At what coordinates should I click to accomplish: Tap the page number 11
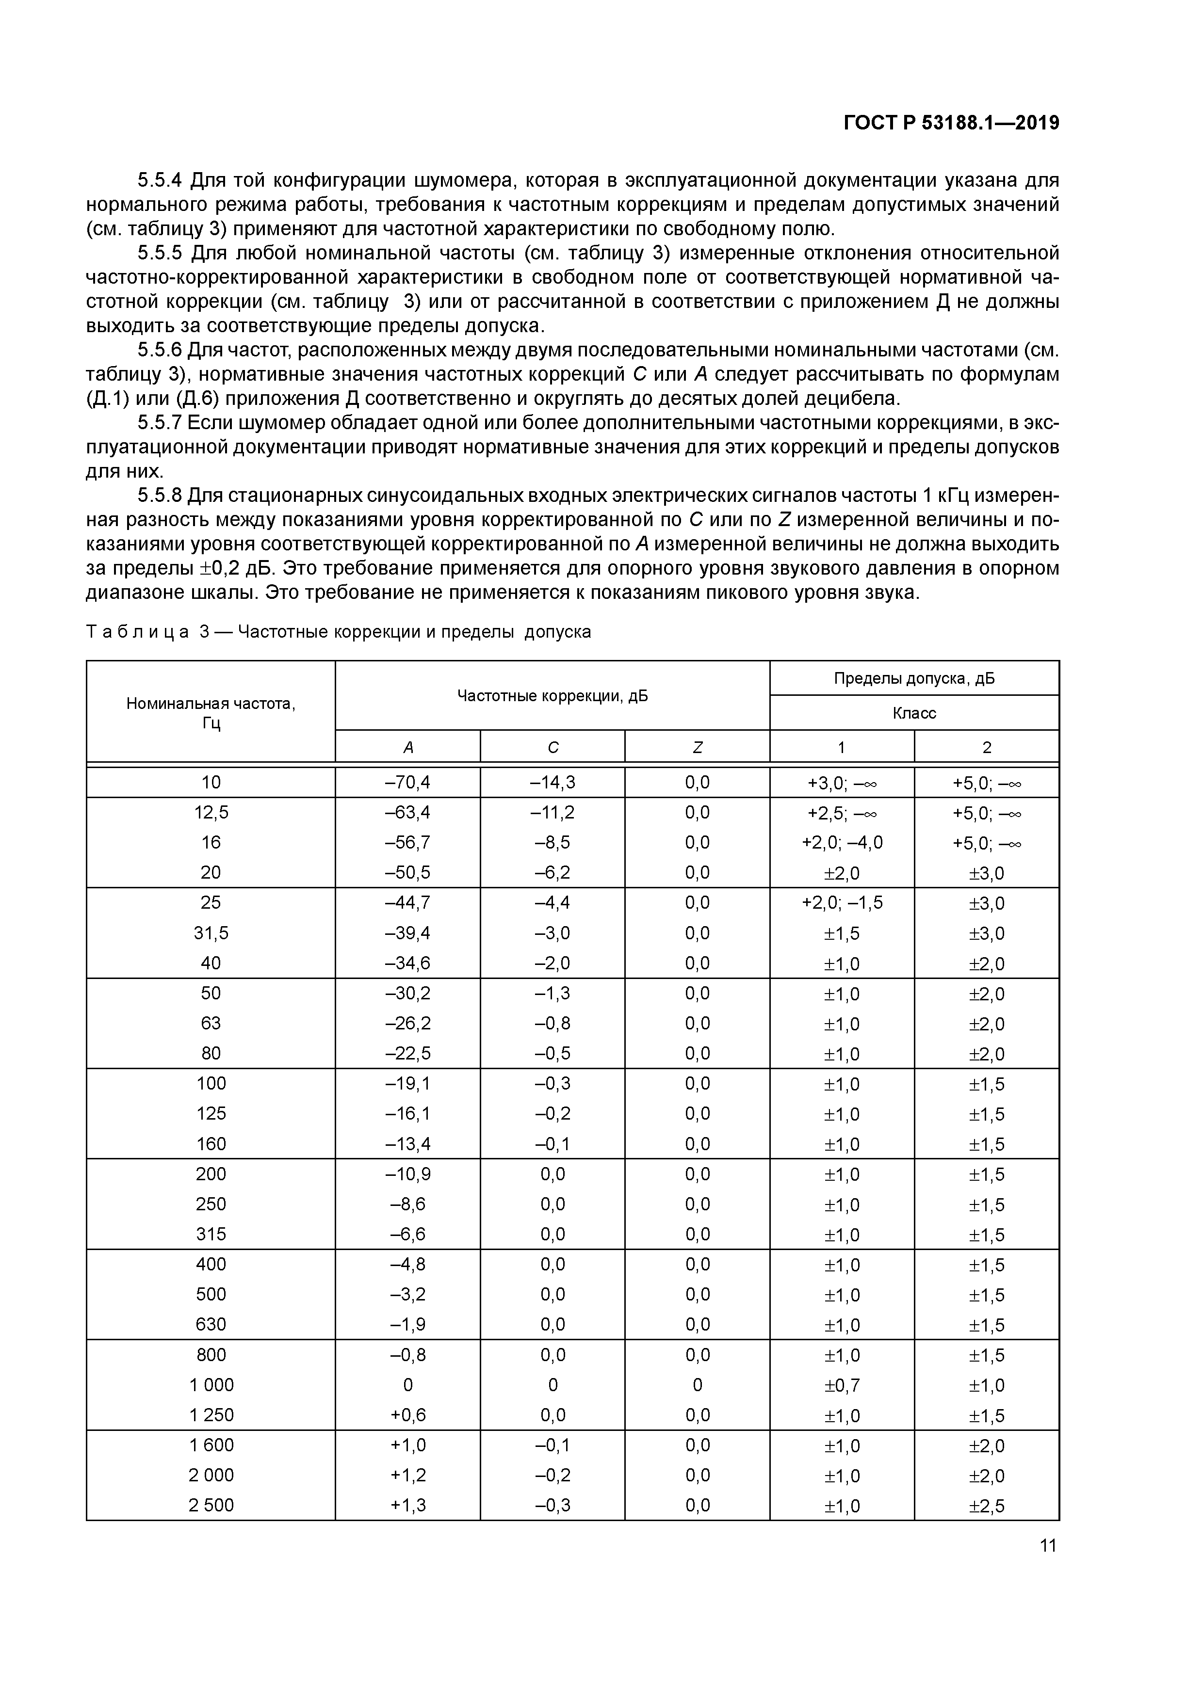1047,1545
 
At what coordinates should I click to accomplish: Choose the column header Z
697,748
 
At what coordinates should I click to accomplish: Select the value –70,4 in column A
407,782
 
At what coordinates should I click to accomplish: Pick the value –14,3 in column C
552,782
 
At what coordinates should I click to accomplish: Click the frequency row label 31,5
211,933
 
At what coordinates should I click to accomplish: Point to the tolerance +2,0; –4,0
842,842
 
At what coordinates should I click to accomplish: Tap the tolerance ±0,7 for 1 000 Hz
842,1385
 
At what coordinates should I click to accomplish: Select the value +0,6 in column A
407,1415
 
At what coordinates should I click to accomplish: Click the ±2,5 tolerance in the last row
987,1506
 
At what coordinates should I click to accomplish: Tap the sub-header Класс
914,713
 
